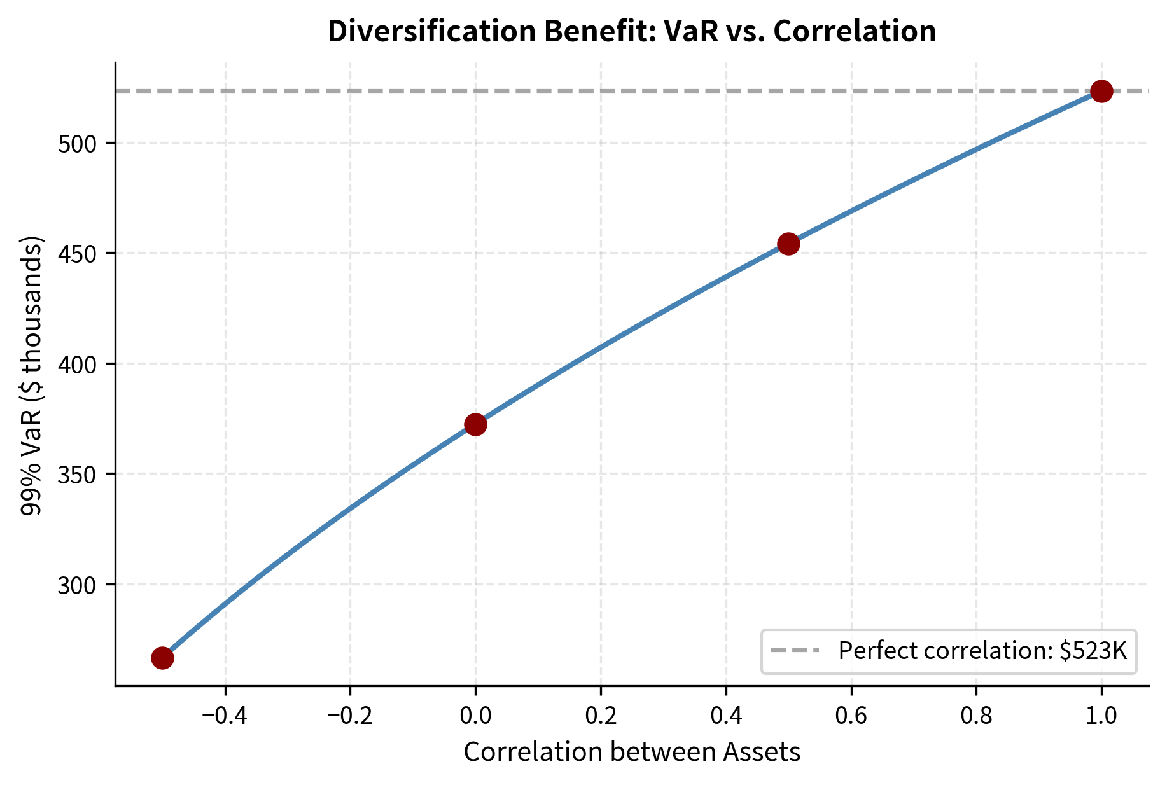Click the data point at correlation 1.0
[1101, 91]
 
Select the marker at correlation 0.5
[788, 244]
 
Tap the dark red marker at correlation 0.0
[475, 424]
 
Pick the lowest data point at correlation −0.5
[162, 658]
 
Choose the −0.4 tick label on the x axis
[225, 716]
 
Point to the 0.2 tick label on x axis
[601, 716]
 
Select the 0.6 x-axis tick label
[851, 716]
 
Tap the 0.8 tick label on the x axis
[976, 716]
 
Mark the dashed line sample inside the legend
[795, 651]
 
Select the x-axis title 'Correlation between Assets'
[632, 752]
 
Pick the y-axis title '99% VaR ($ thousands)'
[32, 375]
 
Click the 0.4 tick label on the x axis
[726, 716]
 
